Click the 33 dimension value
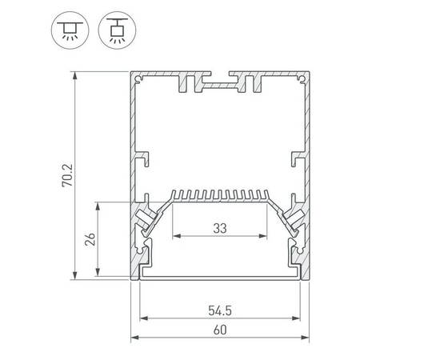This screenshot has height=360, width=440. pyautogui.click(x=220, y=229)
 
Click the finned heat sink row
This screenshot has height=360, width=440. pyautogui.click(x=220, y=195)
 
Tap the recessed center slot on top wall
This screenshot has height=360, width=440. pyautogui.click(x=220, y=81)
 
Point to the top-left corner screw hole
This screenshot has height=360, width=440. pyautogui.click(x=141, y=79)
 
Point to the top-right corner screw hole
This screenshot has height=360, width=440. pyautogui.click(x=300, y=79)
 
